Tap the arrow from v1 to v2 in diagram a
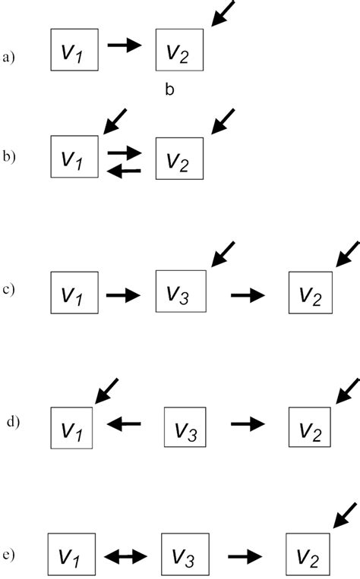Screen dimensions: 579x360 pyautogui.click(x=125, y=46)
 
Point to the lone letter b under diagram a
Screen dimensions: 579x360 pyautogui.click(x=170, y=90)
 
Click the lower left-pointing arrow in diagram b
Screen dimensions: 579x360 pyautogui.click(x=125, y=171)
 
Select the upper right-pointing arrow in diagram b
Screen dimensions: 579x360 pyautogui.click(x=125, y=153)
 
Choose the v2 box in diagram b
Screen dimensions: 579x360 pyautogui.click(x=179, y=158)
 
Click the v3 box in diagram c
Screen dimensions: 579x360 pyautogui.click(x=179, y=291)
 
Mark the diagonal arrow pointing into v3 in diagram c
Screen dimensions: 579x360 pyautogui.click(x=223, y=254)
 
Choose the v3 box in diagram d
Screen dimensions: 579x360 pyautogui.click(x=187, y=427)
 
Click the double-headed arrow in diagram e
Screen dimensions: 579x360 pyautogui.click(x=125, y=557)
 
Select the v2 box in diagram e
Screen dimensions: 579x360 pyautogui.click(x=308, y=557)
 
